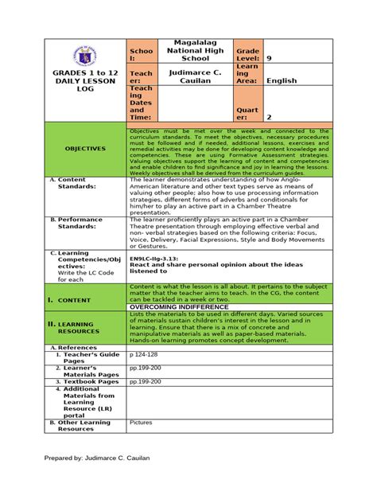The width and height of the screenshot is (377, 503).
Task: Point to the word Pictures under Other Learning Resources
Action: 141,423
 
